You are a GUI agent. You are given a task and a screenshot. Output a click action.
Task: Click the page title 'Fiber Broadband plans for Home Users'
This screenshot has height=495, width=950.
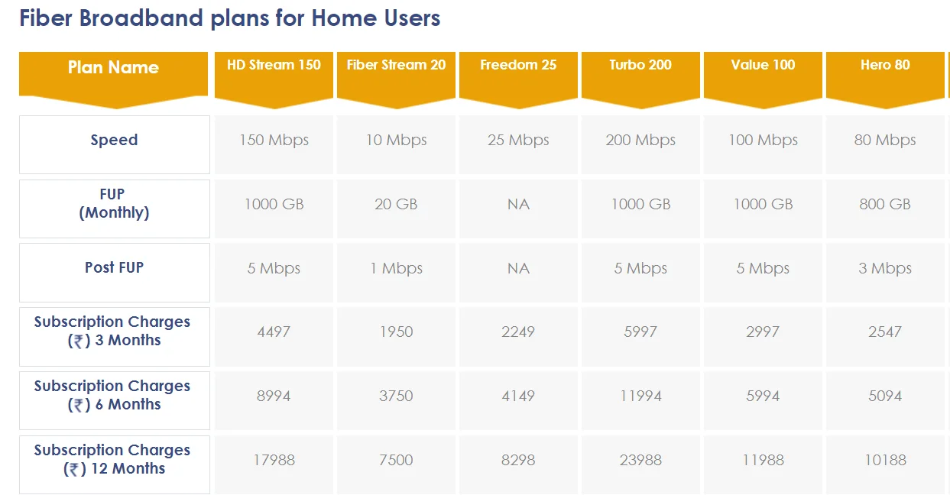tap(230, 18)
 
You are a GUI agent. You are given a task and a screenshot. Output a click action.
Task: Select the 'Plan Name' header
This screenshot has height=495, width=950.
tap(113, 67)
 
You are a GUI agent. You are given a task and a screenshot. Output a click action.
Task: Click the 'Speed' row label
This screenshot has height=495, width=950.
tap(114, 141)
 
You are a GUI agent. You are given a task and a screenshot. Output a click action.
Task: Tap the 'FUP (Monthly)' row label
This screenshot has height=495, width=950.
tap(114, 203)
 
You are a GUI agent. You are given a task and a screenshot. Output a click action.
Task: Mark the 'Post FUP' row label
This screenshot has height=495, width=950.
tap(114, 267)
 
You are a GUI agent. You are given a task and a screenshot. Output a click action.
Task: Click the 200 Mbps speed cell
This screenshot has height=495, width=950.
tap(640, 141)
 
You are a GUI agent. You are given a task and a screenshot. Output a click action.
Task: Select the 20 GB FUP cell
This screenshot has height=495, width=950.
tap(396, 204)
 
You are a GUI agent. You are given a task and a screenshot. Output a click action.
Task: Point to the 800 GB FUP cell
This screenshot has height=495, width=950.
tap(885, 204)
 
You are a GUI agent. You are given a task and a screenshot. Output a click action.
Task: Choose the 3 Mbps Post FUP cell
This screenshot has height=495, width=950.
tap(885, 268)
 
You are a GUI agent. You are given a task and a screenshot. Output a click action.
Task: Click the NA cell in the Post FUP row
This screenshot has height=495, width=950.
tap(518, 268)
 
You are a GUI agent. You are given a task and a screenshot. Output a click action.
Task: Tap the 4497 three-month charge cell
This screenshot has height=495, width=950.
tap(274, 332)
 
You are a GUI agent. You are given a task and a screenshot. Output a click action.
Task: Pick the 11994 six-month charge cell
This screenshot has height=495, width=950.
tap(640, 396)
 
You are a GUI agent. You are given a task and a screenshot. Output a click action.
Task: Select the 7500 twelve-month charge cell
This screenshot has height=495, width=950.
tap(396, 460)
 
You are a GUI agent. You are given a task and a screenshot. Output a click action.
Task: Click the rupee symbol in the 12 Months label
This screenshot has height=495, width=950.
tap(75, 470)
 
